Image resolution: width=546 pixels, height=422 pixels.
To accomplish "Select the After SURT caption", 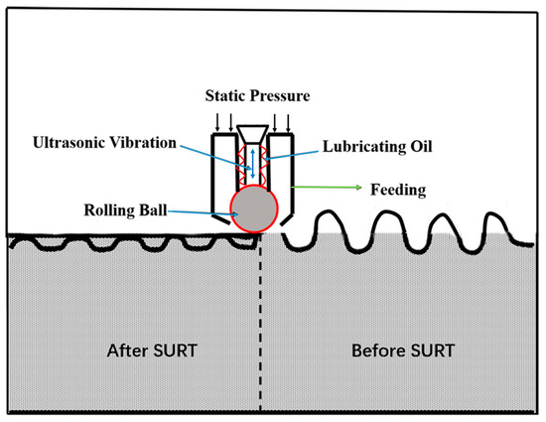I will click(145, 351).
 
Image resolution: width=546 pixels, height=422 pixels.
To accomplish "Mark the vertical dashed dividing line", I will click(260, 328).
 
